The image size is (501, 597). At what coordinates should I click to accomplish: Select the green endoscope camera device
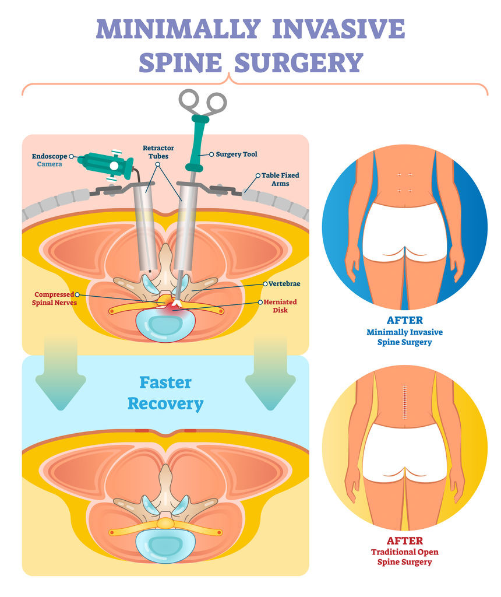coord(107,165)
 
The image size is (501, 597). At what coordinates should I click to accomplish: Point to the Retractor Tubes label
coord(158,152)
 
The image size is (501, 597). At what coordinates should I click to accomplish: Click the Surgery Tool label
coord(236,154)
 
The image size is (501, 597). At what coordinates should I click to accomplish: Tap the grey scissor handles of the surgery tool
coord(202,103)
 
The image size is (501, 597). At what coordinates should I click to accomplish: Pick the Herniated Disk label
coord(280,306)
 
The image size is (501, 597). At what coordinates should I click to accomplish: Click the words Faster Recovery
coord(165,393)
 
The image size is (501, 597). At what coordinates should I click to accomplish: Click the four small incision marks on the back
coord(404,182)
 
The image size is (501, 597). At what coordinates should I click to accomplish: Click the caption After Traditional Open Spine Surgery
coord(404,552)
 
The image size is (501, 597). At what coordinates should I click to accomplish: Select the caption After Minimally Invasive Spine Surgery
coord(404,332)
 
